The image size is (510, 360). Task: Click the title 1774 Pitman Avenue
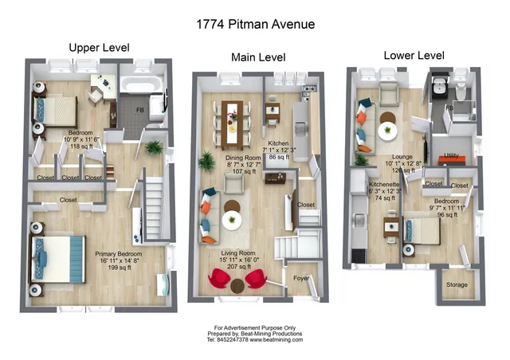click(255, 24)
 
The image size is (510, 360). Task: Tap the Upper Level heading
click(99, 48)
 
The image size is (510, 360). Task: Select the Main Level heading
click(258, 57)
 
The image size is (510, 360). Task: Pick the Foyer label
click(301, 279)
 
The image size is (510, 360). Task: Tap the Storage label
click(457, 284)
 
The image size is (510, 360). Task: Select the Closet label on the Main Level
click(306, 204)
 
